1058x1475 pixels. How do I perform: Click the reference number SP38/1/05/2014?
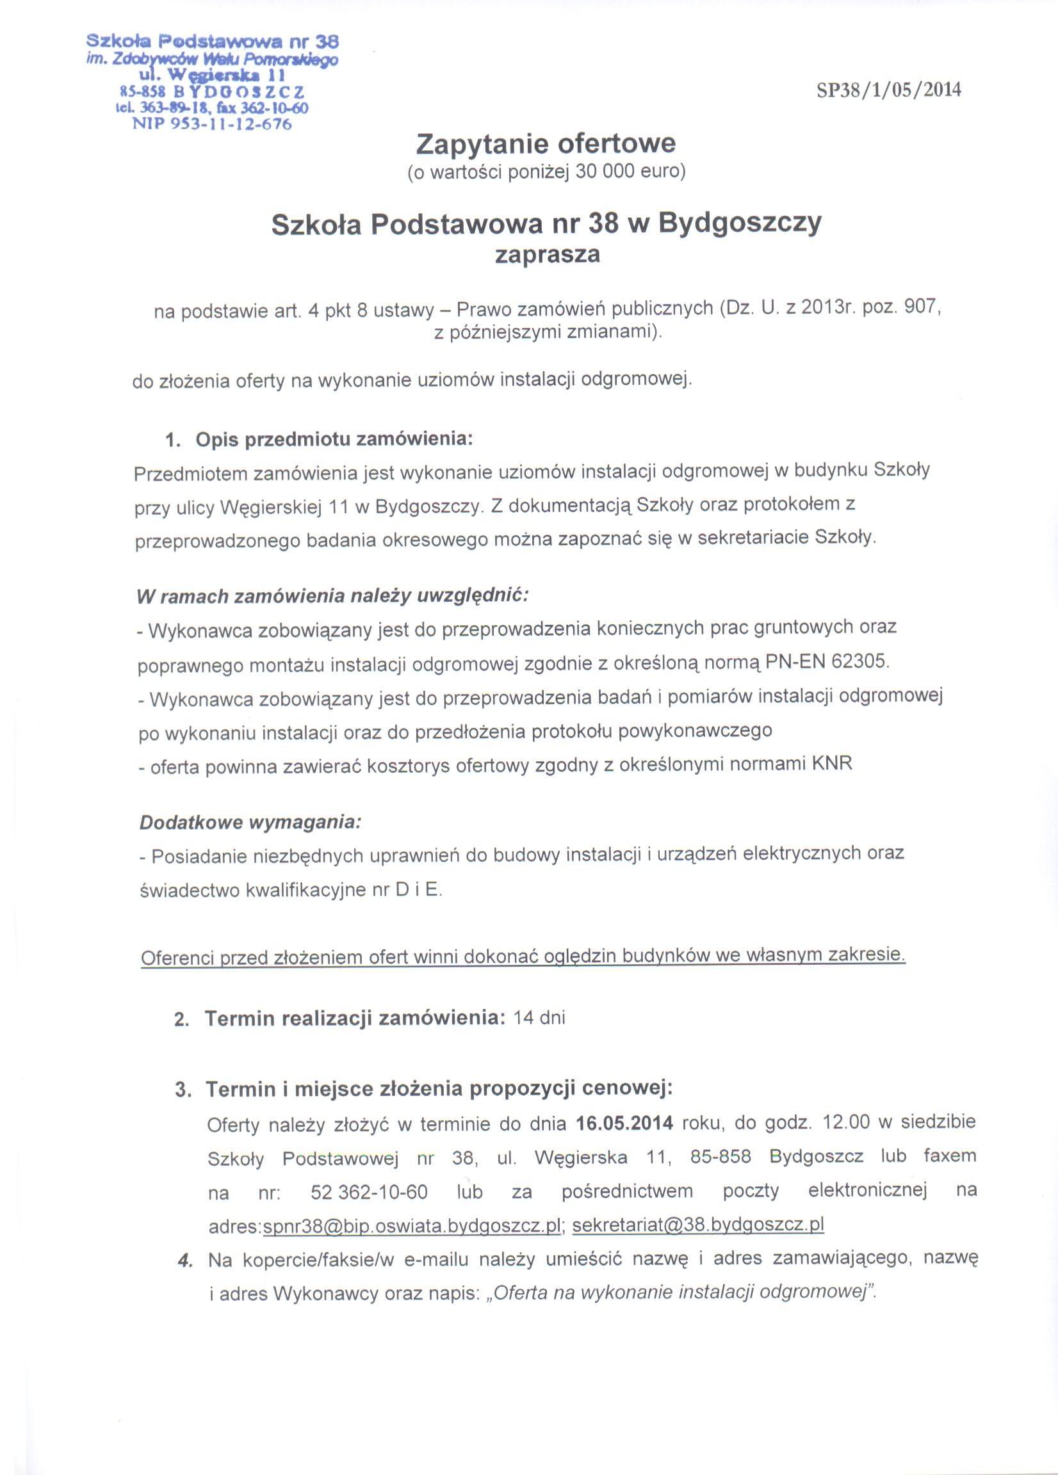click(x=888, y=90)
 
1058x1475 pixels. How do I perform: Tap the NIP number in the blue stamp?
click(x=211, y=124)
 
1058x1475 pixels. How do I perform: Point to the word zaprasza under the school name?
click(x=546, y=254)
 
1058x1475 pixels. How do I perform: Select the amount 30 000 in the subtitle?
click(x=605, y=172)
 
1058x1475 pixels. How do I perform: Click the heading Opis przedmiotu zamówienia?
click(x=334, y=440)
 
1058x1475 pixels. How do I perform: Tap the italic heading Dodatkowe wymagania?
click(x=250, y=823)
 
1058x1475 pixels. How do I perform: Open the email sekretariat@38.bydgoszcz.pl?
click(x=697, y=1225)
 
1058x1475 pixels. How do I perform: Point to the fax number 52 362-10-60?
click(x=369, y=1192)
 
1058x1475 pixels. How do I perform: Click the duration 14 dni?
click(x=539, y=1018)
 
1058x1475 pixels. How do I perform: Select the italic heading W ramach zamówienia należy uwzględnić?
click(x=332, y=596)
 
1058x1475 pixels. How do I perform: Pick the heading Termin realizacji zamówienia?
click(x=355, y=1019)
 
